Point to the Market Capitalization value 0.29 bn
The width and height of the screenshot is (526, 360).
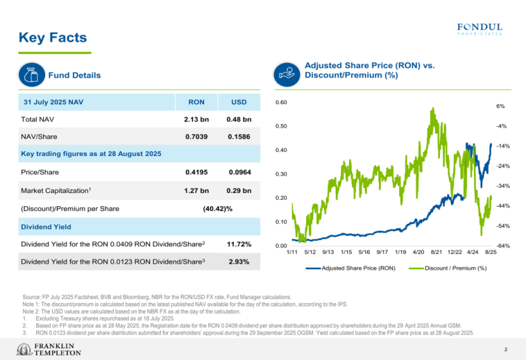[x=238, y=190]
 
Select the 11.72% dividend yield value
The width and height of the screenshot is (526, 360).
[x=238, y=244]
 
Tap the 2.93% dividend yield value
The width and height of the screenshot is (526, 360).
[x=238, y=261]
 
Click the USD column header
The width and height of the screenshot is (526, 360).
[x=238, y=102]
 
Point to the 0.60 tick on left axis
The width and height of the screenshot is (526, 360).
[x=281, y=103]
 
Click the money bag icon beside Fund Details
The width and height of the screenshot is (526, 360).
[x=32, y=75]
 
